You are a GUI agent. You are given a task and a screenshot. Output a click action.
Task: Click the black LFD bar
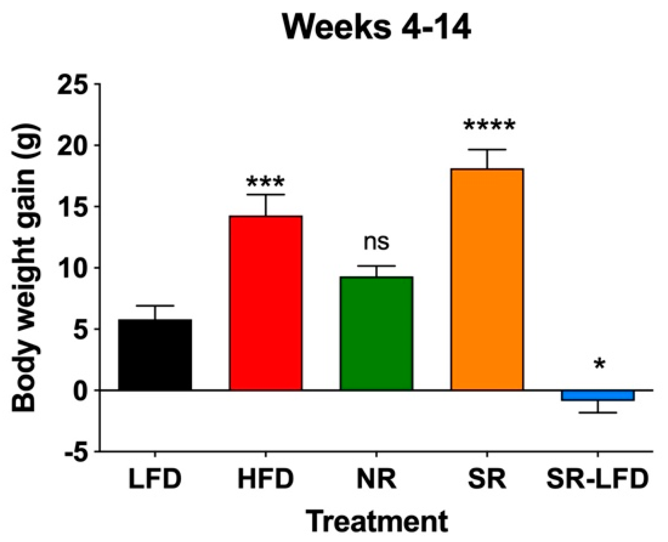(155, 355)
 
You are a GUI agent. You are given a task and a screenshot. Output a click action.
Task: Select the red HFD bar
(266, 303)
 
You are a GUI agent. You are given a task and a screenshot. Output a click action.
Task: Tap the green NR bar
(376, 333)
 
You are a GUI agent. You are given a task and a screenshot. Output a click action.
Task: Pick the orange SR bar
(487, 279)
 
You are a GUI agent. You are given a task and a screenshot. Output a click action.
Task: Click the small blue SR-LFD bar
(598, 395)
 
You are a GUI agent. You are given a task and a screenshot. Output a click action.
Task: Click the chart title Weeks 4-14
(377, 28)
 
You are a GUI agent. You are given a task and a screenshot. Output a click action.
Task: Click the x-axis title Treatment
(377, 521)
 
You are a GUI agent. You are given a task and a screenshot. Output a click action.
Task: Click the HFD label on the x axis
(266, 479)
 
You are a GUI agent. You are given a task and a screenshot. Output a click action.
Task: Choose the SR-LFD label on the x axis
(598, 479)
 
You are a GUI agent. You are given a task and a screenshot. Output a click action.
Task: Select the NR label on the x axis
(376, 479)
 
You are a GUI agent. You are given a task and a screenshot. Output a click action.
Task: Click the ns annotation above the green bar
(376, 242)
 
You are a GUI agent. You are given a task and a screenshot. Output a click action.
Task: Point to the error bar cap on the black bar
(155, 306)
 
